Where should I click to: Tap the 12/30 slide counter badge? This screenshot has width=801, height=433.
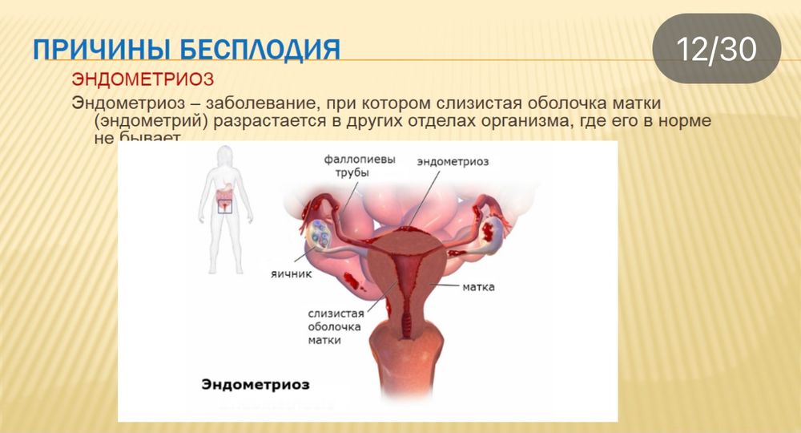(x=717, y=49)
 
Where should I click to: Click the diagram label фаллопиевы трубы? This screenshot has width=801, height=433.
(x=360, y=166)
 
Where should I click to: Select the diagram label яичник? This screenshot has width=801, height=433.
(x=291, y=274)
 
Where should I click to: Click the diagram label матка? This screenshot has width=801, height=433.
(x=479, y=286)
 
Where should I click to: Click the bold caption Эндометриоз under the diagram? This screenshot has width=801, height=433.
(x=256, y=385)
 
